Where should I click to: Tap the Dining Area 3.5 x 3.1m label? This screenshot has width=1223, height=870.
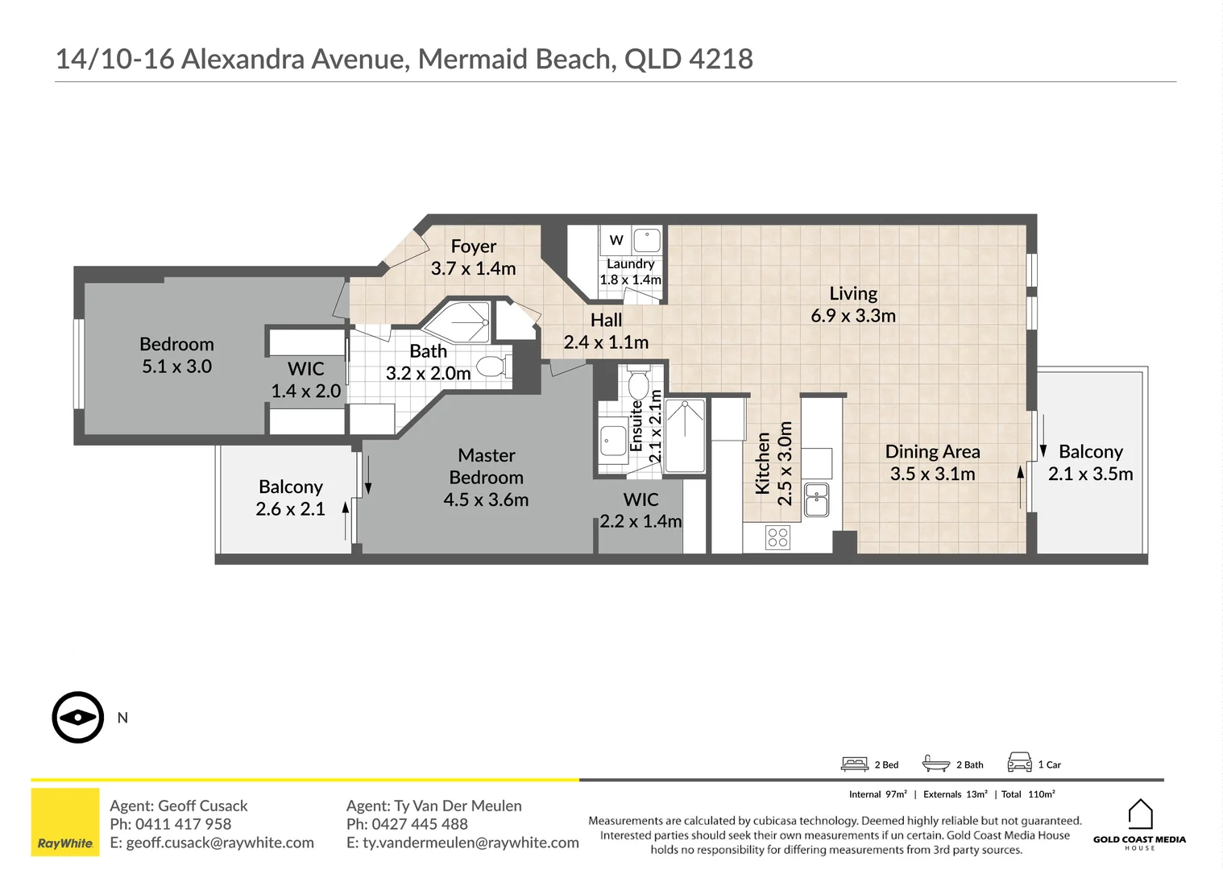click(932, 462)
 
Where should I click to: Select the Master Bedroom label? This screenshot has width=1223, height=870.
click(486, 477)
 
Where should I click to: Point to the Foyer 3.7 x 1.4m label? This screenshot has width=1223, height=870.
click(473, 257)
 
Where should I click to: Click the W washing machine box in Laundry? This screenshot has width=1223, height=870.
click(616, 240)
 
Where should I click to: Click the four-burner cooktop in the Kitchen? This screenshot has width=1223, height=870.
click(777, 537)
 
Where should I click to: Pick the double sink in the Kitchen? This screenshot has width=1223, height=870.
click(816, 499)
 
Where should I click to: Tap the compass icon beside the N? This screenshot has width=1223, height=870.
click(78, 717)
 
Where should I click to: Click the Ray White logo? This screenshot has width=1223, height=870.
click(65, 822)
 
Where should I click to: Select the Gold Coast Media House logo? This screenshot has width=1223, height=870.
click(1139, 823)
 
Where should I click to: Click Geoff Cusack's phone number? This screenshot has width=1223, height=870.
click(183, 824)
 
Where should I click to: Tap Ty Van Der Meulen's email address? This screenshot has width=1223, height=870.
click(462, 843)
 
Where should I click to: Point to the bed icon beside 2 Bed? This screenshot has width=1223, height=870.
click(854, 764)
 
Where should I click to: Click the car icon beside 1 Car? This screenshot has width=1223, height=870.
click(1019, 762)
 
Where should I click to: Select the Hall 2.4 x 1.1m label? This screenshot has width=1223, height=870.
click(606, 331)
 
